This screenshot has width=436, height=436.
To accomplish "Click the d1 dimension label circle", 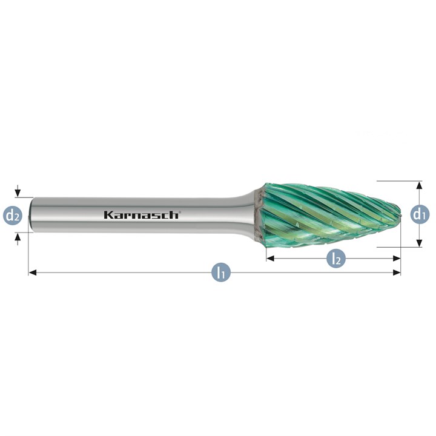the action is [420, 214].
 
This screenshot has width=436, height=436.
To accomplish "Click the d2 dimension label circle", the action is [12, 215].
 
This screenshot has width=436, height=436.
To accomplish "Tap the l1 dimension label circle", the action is [221, 272].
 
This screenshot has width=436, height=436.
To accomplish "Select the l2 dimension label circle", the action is [336, 259].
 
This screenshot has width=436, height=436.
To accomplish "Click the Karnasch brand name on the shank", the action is [142, 215].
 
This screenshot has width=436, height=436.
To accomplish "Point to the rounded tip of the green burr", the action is [400, 214].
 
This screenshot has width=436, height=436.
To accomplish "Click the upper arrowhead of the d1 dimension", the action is [420, 185].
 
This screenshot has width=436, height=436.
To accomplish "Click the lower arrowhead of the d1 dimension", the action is [420, 243].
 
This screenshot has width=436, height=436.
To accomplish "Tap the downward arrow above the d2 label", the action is [18, 191].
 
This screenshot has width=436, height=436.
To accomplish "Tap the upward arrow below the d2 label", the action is [18, 239].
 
